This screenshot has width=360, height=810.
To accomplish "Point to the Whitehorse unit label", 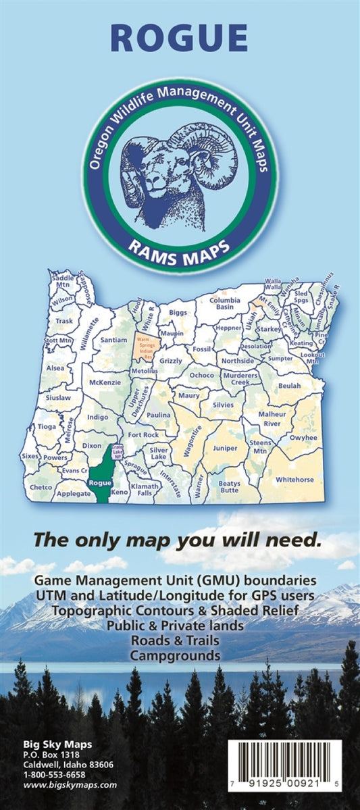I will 294,480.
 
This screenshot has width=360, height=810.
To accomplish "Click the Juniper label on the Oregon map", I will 225,448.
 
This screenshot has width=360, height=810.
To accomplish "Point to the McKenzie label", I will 104,382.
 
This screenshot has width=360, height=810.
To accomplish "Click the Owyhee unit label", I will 303,438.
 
